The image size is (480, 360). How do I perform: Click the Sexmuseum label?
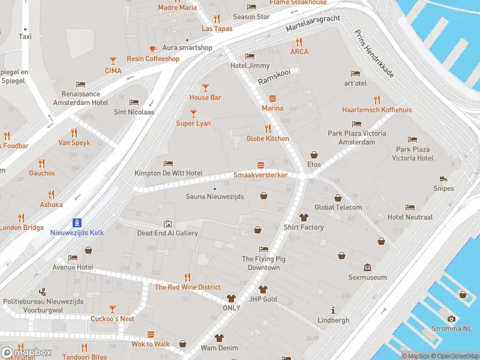tap(368, 277)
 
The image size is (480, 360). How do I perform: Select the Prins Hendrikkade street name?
tap(374, 53)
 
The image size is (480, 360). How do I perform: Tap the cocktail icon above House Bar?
tap(205, 87)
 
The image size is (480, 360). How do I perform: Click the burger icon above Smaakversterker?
tap(260, 164)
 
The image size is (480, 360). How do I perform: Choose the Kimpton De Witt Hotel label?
tap(168, 173)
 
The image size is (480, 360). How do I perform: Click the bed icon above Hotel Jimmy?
tap(250, 56)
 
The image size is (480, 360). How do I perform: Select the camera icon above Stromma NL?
tap(451, 319)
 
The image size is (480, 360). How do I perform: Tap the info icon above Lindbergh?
tap(333, 310)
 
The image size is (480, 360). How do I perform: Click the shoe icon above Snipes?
tap(443, 178)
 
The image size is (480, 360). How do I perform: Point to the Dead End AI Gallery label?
tap(167, 233)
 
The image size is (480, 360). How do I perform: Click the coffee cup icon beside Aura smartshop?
tap(152, 48)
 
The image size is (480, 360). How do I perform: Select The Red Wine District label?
tap(187, 287)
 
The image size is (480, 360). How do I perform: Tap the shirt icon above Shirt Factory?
tap(304, 217)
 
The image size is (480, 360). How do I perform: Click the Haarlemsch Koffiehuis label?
tap(377, 110)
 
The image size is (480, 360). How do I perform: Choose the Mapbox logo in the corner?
tap(26, 352)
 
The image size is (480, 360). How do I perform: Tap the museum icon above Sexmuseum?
tap(368, 267)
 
